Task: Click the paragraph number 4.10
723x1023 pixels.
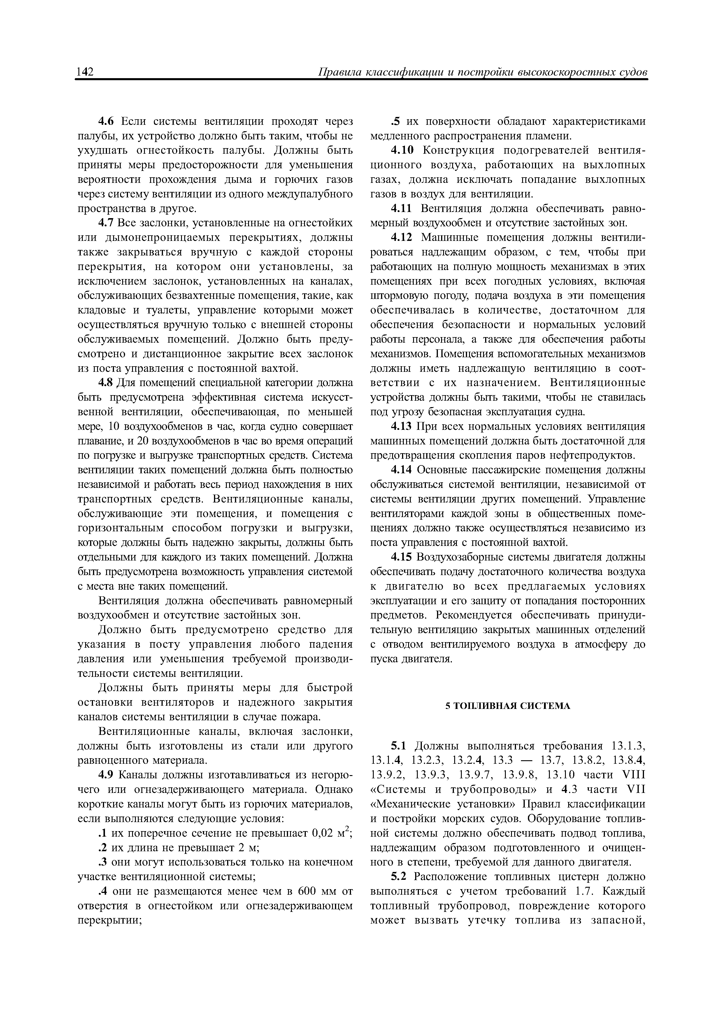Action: click(x=403, y=150)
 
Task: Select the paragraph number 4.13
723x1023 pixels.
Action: click(x=403, y=426)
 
